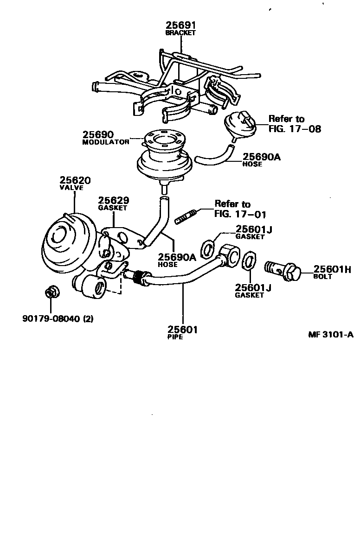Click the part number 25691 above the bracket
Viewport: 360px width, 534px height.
(x=180, y=25)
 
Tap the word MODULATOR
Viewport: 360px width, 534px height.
(x=105, y=143)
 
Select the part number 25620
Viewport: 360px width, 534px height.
(x=75, y=180)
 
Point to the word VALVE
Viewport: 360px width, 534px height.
(x=71, y=188)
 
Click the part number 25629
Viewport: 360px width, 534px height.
(x=113, y=201)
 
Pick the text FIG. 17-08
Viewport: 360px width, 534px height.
(x=295, y=128)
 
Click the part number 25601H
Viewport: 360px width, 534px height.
(x=332, y=269)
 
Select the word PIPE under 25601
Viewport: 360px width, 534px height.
(x=175, y=337)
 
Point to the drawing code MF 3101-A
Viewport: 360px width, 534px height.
(x=330, y=335)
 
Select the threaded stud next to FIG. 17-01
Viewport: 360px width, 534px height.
(x=187, y=216)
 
